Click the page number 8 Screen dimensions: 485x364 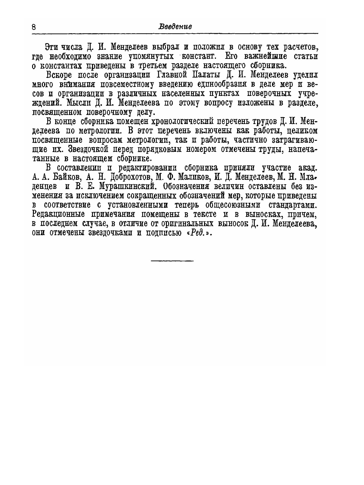point(34,27)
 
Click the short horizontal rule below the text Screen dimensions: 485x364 point(172,261)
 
